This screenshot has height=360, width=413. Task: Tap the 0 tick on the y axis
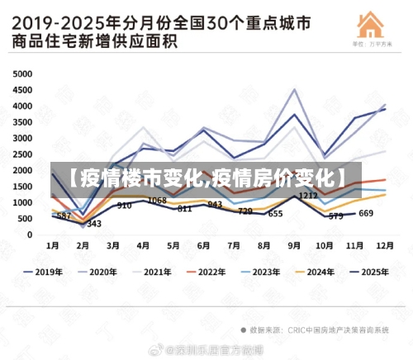coord(29,235)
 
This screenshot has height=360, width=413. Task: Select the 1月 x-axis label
coord(52,246)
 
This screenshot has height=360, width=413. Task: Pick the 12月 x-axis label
coord(385,246)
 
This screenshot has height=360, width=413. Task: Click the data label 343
coord(94,224)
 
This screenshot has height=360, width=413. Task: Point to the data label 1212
coord(308,196)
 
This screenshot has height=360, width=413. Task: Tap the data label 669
coord(366,214)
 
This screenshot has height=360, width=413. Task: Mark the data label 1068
coord(157,201)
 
